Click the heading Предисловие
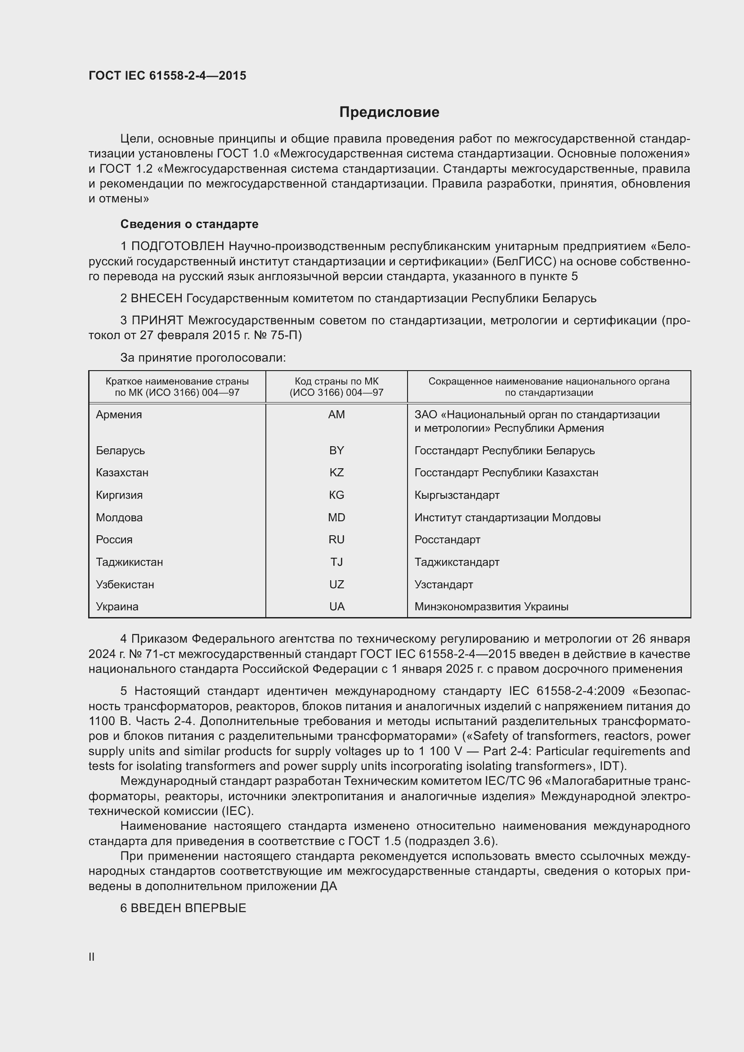389,112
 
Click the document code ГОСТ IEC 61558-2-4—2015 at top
167,76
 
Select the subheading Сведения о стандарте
189,224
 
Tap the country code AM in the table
336,415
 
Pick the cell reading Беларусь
120,450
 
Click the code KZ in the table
336,472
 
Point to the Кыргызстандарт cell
457,495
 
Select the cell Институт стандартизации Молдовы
507,517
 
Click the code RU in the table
336,539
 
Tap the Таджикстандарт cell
457,562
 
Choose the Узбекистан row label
125,584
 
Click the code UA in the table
336,606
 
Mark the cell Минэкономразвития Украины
491,606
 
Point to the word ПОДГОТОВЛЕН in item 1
178,246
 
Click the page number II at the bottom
92,957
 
